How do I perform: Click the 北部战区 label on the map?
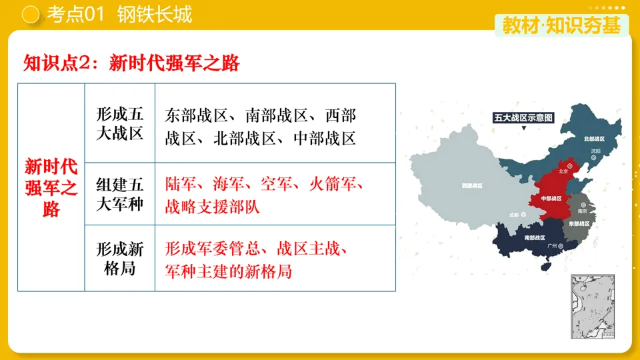point(594,139)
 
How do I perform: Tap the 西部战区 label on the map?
point(472,186)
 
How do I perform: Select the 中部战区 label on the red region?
point(551,198)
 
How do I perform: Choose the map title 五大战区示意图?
point(524,117)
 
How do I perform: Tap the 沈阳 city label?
point(595,151)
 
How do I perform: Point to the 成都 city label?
point(513,215)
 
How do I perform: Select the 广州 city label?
point(551,246)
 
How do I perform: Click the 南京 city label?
point(583,211)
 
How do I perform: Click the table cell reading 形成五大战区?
point(120,123)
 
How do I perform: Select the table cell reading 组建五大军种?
point(120,194)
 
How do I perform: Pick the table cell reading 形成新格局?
point(120,259)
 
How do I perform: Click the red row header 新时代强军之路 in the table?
point(51,187)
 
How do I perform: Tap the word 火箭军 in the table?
point(334,184)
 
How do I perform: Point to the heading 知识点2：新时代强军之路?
point(131,63)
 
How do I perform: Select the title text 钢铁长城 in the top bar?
point(155,14)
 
